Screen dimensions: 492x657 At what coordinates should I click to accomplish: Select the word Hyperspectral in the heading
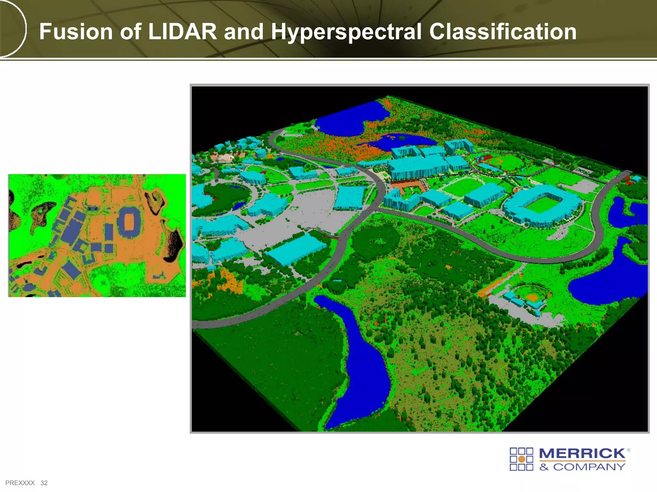point(346,32)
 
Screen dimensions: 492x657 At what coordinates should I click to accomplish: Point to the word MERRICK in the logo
point(582,454)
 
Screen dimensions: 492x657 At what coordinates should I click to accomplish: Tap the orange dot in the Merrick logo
point(522,459)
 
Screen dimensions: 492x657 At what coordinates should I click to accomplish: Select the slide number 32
point(44,483)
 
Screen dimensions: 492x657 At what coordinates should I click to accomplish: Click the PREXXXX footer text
point(20,483)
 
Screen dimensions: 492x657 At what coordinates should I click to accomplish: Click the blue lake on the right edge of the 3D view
point(610,282)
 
